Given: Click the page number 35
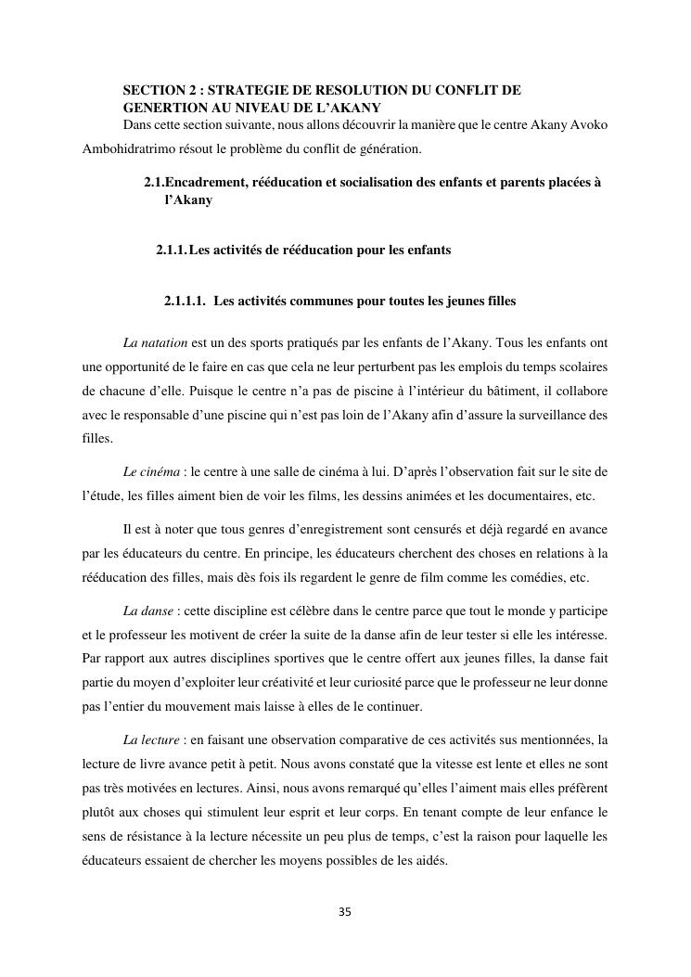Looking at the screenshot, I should click(x=345, y=912).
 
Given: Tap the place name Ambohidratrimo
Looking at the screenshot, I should click(x=128, y=148).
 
